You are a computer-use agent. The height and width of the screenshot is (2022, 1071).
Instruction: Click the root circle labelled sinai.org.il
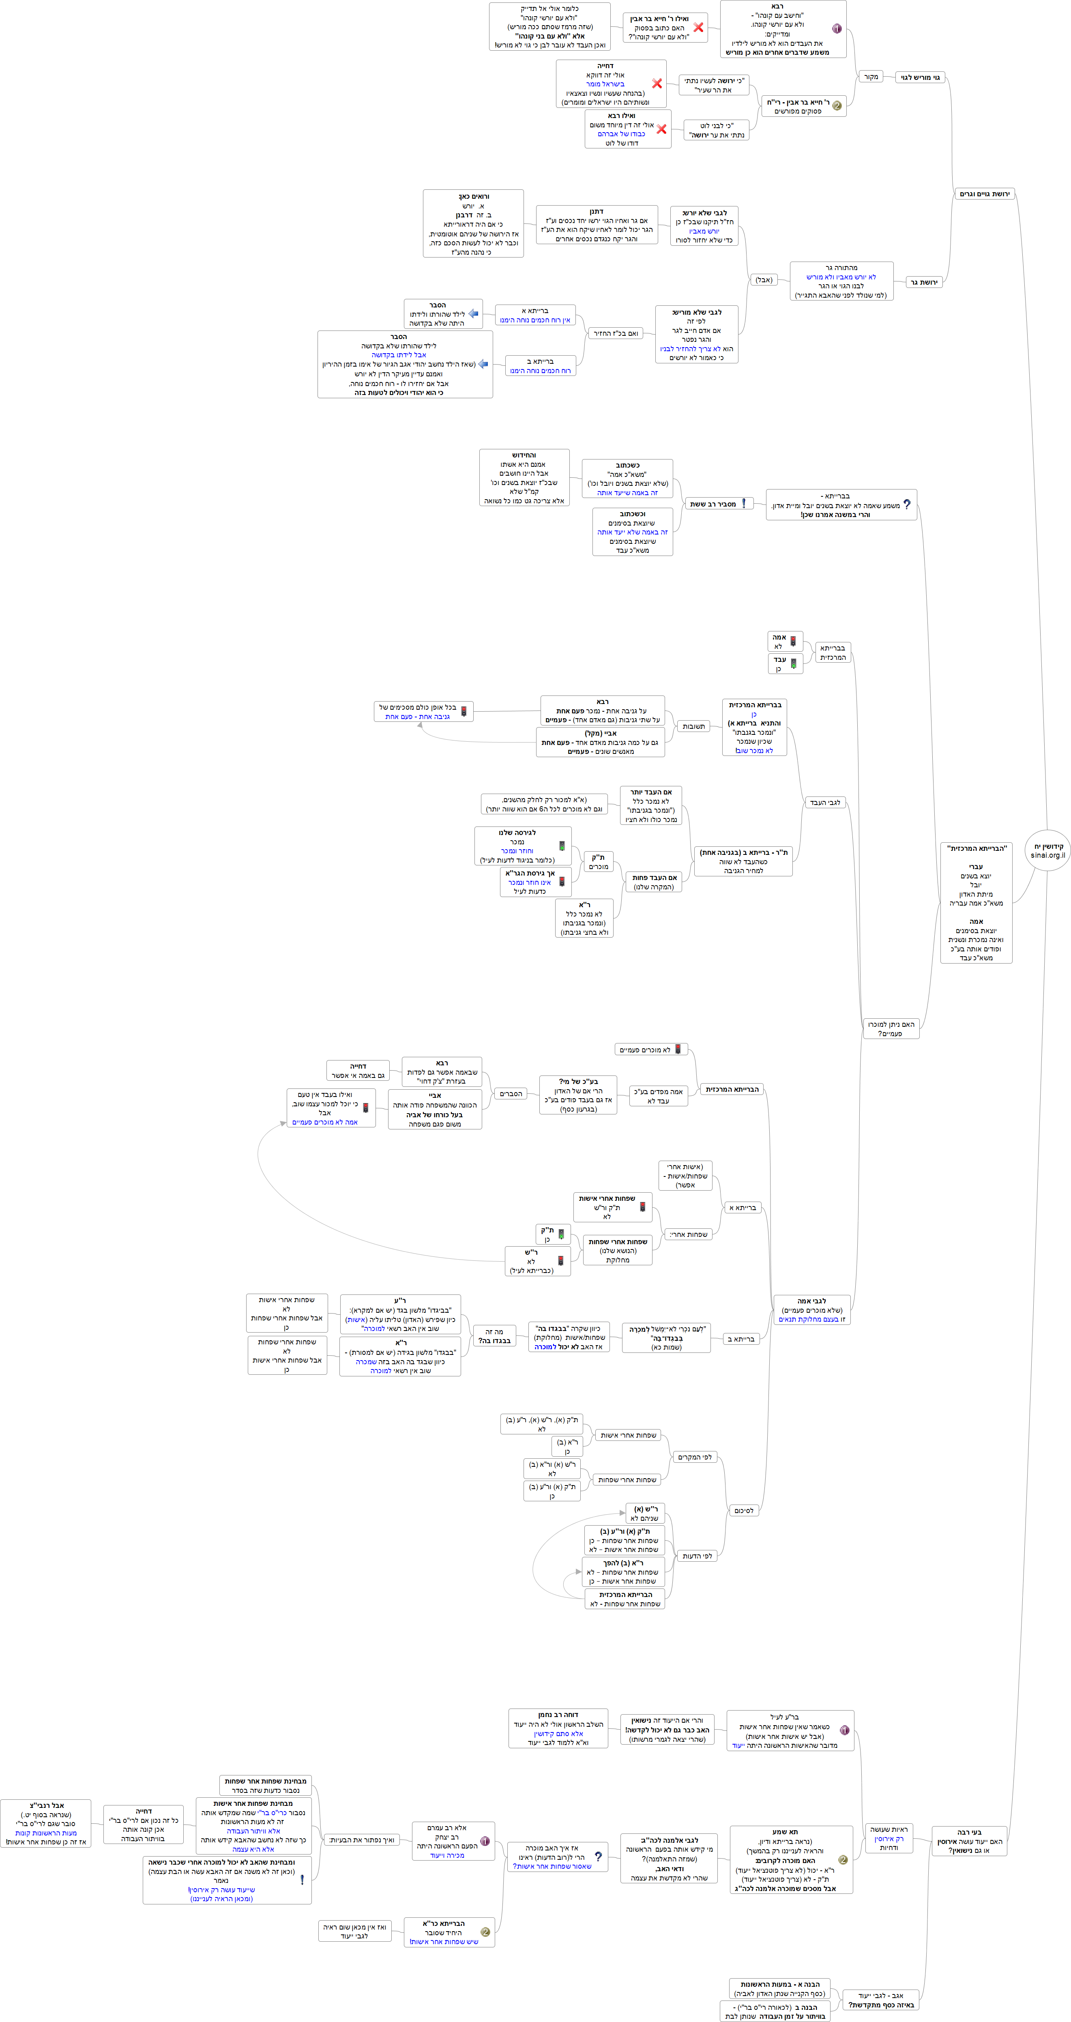click(1047, 851)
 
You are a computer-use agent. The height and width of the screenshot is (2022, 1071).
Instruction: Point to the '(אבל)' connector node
click(763, 279)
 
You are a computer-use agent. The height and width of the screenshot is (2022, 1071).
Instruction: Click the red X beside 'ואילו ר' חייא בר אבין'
click(698, 28)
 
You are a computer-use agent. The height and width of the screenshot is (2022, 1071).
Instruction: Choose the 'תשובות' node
click(693, 726)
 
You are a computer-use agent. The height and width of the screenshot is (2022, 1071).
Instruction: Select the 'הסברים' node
click(511, 1093)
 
